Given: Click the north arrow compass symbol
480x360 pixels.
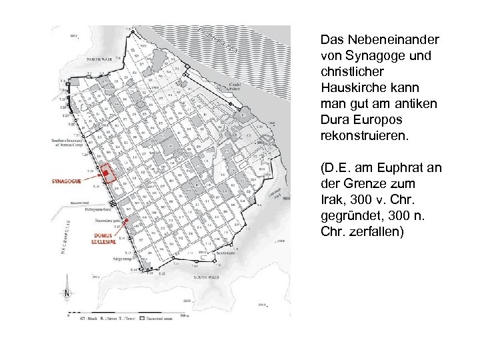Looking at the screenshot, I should [x=66, y=293].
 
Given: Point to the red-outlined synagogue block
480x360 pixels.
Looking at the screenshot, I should [x=106, y=173].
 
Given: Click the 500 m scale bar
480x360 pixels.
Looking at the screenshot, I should [x=127, y=314].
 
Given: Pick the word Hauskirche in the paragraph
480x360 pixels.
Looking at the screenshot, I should [x=353, y=88].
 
